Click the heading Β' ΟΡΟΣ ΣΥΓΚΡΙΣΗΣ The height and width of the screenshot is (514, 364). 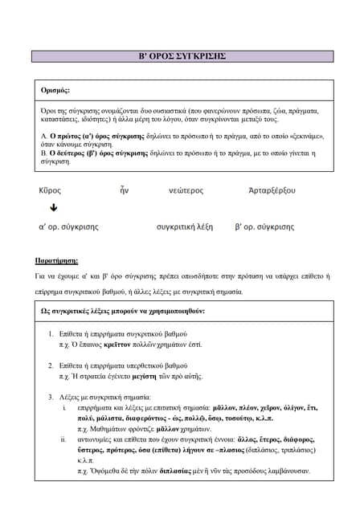[x=182, y=56]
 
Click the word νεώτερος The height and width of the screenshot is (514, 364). [x=186, y=190]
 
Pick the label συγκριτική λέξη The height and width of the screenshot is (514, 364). [x=185, y=226]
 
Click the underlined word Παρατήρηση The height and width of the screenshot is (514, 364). [x=57, y=261]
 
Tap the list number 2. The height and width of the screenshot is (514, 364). [x=51, y=365]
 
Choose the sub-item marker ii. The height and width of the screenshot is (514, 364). [x=63, y=439]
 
